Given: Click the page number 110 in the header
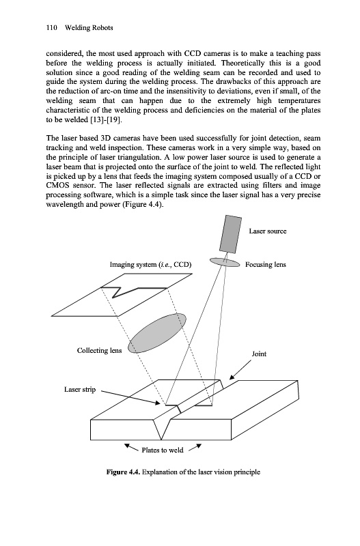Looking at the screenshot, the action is pos(51,28).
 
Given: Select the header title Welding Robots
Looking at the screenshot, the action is pos(89,28).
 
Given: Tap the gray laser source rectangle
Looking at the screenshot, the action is pos(230,234).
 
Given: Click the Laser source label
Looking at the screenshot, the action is pos(268,231).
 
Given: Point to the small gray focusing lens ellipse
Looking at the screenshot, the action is pos(225,262).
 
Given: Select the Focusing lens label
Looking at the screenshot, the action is pos(266,265).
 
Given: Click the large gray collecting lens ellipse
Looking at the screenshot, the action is pos(157,333).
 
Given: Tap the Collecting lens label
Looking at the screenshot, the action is pos(99,350).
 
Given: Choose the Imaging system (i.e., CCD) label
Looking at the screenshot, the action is pos(150,265).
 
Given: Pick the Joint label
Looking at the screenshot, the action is pos(259,354).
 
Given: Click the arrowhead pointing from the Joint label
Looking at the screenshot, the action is pos(232,377).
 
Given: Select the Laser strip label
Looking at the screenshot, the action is pos(80,389).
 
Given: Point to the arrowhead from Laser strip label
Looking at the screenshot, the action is pos(158,403).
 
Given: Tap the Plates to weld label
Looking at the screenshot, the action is pos(163,450).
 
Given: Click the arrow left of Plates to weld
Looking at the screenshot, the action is pos(131,447).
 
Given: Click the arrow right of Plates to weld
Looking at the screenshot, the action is pos(195,447).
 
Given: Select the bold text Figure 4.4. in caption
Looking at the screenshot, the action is pos(124,472).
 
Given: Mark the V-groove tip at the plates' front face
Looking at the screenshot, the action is pos(161,440).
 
